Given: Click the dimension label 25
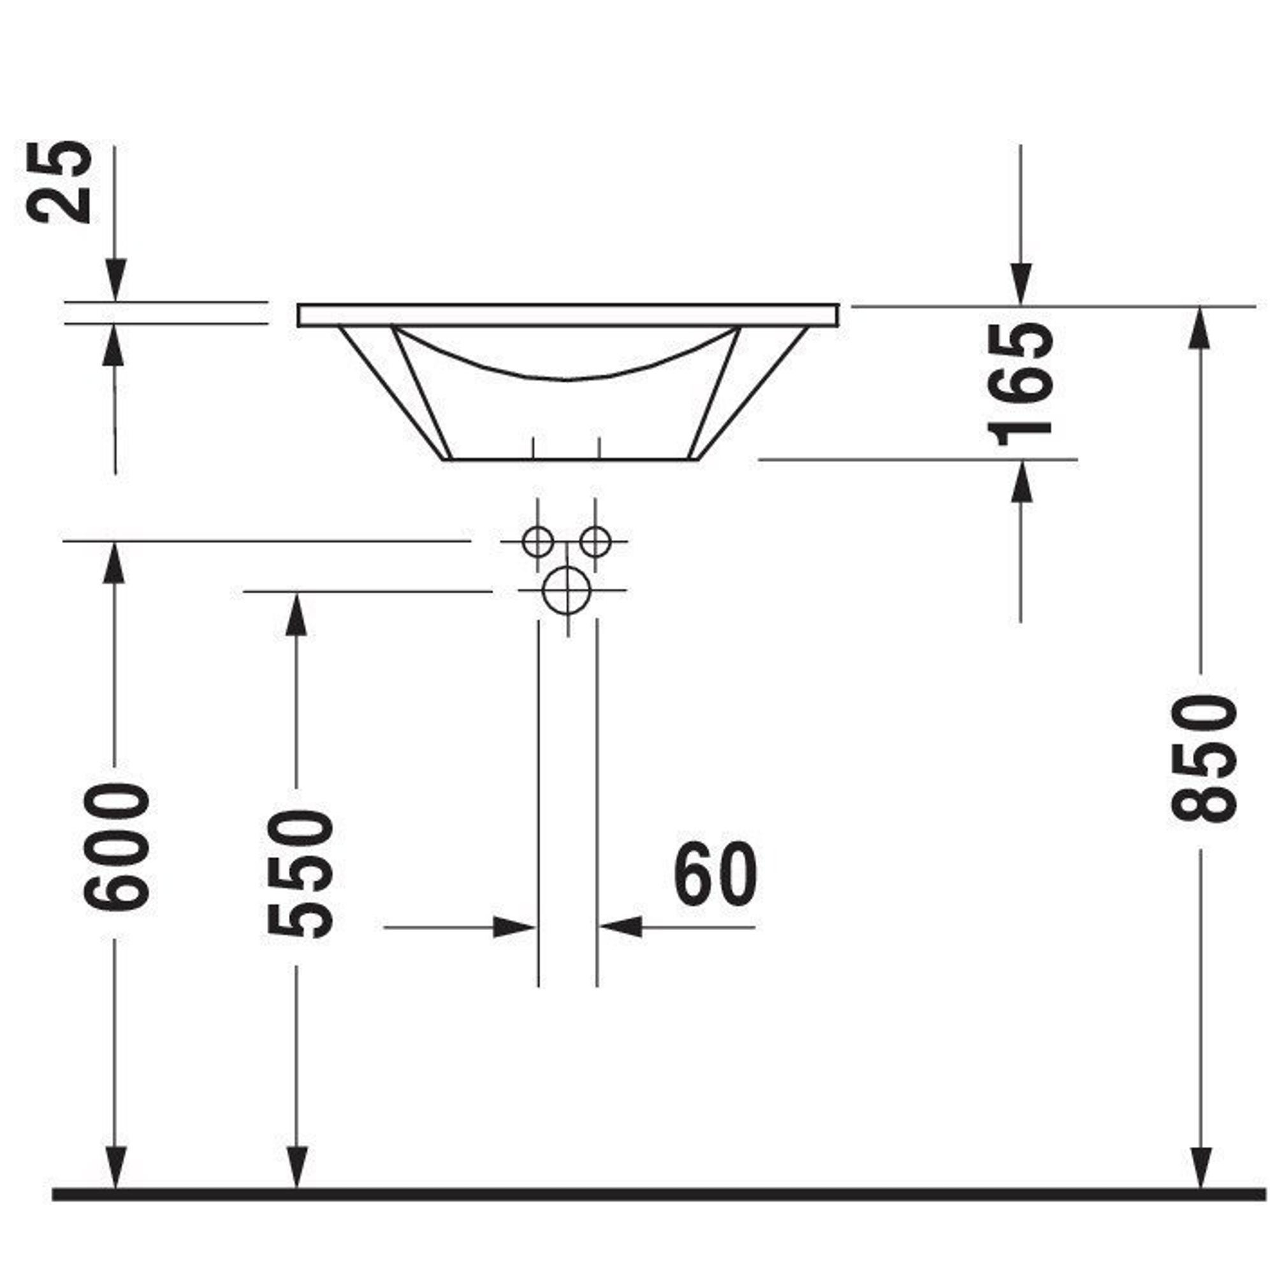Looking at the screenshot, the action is click(x=60, y=182).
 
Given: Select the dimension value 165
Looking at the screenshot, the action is click(x=1020, y=384).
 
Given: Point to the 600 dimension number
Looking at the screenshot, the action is click(x=116, y=847).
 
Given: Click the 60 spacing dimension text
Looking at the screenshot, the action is click(x=715, y=875).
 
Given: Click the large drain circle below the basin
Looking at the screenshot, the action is click(x=567, y=590).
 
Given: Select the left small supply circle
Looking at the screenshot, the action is click(x=537, y=542).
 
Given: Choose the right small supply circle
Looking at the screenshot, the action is click(x=595, y=542).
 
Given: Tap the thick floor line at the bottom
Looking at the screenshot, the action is click(x=659, y=1193).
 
